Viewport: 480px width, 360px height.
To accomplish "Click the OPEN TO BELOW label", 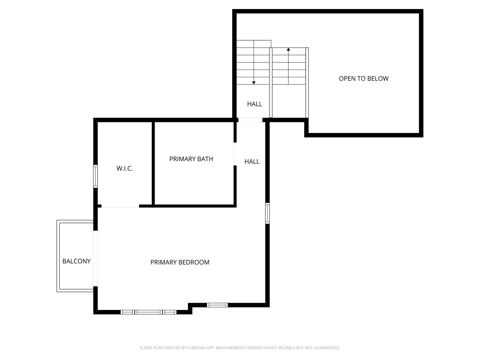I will coord(364,79).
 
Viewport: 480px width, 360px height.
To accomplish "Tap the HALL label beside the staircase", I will coord(254,104).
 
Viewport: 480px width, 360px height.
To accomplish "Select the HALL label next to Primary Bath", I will coord(252,162).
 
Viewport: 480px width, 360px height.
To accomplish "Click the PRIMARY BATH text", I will coord(191,159).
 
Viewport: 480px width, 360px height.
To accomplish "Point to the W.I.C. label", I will coord(125,169).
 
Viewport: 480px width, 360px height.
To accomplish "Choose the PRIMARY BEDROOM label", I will coord(180,262).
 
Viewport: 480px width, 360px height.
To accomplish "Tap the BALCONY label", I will coord(76,261).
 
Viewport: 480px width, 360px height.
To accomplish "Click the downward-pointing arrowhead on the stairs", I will coord(254,83).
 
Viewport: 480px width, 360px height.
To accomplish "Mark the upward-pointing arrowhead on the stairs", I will coord(288,49).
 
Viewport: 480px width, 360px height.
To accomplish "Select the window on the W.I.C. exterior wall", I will coord(95,176).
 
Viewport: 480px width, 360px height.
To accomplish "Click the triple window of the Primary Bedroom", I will coord(148,312).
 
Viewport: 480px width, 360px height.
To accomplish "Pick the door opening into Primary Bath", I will coord(235,154).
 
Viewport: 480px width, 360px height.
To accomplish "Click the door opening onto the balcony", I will coord(95,258).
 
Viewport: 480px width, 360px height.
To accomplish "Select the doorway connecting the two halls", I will coord(250,120).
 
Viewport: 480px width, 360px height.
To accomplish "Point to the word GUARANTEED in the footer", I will coord(327,348).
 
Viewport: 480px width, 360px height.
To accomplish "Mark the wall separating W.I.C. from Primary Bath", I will coord(153,163).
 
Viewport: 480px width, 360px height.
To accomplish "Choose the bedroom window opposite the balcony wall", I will coord(267,213).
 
